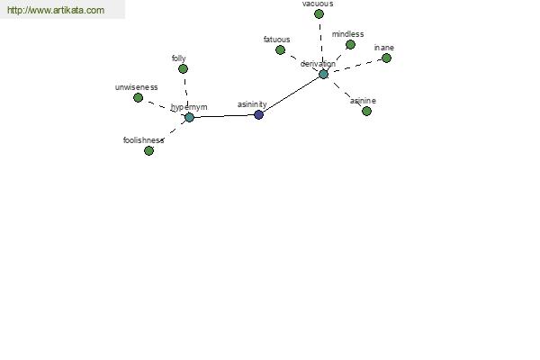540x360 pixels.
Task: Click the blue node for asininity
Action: point(258,114)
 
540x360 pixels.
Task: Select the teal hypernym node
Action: point(189,118)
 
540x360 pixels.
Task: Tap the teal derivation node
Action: point(323,74)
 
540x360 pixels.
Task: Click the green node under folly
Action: point(184,69)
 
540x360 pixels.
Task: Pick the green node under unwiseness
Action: point(138,98)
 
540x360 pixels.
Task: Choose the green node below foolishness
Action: point(148,150)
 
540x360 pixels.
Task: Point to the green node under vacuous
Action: point(319,14)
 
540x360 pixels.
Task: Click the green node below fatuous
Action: point(280,50)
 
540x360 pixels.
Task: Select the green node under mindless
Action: point(350,44)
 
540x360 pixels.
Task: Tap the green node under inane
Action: point(386,58)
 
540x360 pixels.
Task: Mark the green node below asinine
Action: point(367,111)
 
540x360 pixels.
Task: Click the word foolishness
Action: point(144,140)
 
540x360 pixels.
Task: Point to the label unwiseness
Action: point(137,87)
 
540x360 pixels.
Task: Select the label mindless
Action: point(347,34)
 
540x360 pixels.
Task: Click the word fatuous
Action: point(277,40)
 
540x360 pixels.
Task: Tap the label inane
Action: point(384,48)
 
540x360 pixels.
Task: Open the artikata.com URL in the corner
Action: point(56,10)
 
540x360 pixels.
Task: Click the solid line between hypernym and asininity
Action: point(224,116)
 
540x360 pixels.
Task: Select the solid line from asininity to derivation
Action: point(292,94)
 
